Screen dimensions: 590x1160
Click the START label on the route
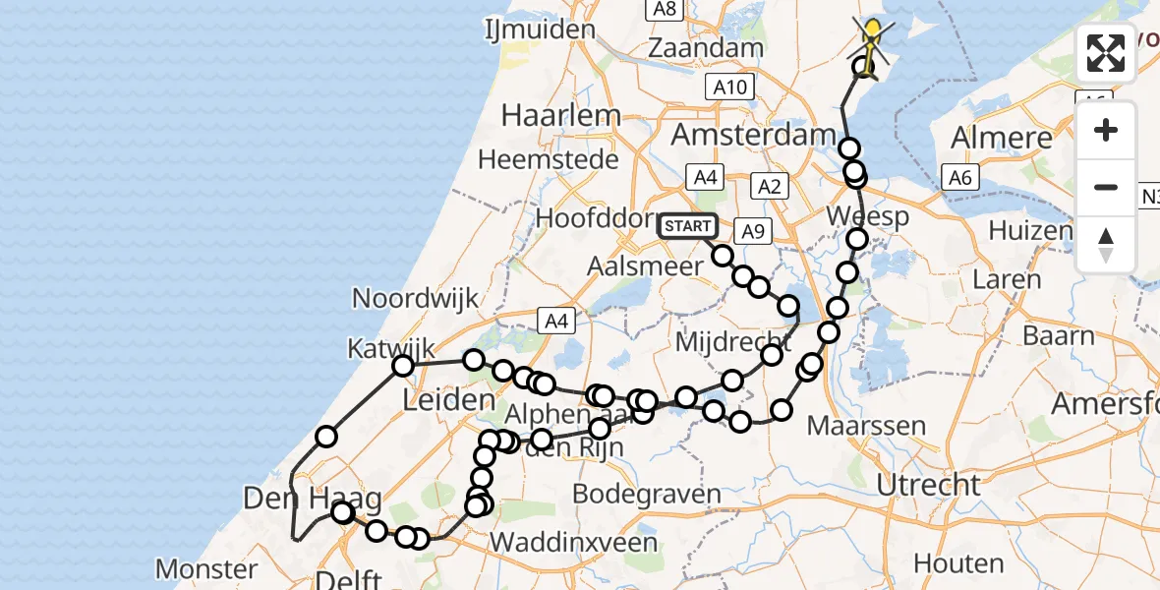click(688, 226)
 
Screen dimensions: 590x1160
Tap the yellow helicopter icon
click(873, 37)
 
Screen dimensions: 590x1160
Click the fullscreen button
click(1106, 53)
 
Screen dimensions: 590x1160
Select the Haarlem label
click(560, 115)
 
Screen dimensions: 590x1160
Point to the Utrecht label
click(928, 485)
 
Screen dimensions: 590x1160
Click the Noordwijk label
click(415, 299)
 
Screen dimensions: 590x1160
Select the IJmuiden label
click(540, 29)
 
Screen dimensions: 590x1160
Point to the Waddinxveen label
click(573, 542)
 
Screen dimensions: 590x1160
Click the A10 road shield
click(729, 87)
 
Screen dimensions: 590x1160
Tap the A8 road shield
click(666, 9)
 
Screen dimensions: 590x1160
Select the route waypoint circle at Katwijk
click(403, 367)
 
